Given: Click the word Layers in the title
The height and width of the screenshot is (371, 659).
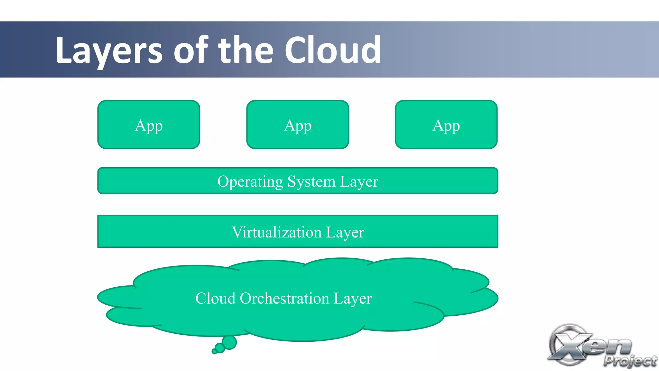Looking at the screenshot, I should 109,51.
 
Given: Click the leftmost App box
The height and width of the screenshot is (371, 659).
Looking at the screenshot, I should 149,125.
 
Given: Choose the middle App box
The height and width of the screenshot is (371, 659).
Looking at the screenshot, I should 298,125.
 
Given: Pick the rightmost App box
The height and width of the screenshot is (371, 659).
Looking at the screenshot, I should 446,125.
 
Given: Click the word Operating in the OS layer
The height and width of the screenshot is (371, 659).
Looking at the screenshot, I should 250,181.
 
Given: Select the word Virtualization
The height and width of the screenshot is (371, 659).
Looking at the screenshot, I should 276,232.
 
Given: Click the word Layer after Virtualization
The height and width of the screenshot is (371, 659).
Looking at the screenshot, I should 345,232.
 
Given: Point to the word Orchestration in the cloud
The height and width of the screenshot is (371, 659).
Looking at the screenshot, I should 284,298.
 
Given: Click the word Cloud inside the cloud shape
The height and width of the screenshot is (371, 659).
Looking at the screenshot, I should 215,298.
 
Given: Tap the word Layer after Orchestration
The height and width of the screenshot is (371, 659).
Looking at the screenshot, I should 353,298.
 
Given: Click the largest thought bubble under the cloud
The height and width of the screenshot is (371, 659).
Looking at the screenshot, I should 229,342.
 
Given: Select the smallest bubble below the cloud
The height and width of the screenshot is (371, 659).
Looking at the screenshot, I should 214,351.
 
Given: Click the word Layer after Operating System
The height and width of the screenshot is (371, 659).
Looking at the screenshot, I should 359,181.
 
